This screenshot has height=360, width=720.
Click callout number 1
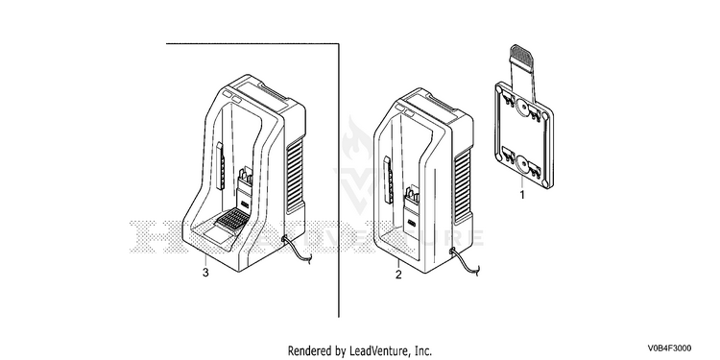(521, 195)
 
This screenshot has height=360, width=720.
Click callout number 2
(398, 275)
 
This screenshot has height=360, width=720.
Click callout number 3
(205, 273)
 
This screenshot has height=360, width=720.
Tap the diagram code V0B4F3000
(670, 348)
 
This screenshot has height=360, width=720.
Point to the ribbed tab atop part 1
(521, 55)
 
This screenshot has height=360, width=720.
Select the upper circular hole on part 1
(523, 108)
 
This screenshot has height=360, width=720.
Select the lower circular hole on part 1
(522, 163)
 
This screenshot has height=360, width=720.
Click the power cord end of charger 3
(308, 261)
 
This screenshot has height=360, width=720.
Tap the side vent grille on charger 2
(463, 187)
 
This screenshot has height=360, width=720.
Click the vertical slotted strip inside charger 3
(220, 166)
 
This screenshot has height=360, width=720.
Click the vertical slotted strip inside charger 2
(389, 180)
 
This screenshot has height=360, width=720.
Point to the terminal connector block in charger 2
(412, 206)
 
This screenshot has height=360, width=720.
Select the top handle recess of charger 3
(276, 94)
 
